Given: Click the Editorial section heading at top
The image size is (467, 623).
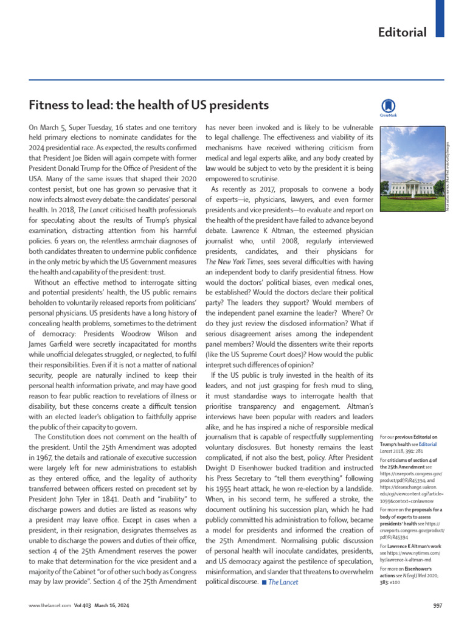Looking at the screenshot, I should point(402,32).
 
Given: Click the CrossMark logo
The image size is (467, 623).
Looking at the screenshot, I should point(387,106).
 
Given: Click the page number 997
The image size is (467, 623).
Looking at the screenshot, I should point(437,606).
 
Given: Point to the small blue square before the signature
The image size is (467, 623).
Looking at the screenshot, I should point(264,583).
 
